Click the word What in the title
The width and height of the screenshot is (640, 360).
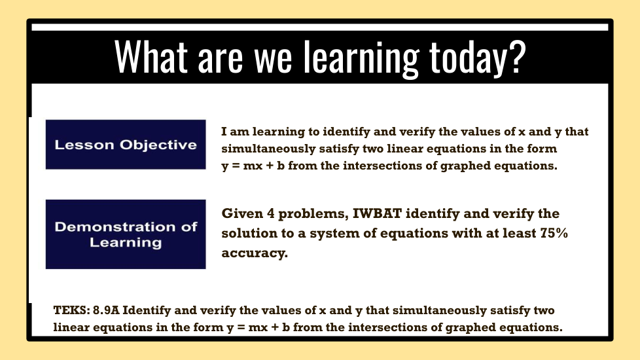click(x=151, y=56)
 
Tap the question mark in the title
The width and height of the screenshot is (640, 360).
click(x=518, y=56)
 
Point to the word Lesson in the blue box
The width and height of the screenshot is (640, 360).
click(x=84, y=145)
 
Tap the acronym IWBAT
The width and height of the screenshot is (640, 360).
click(x=377, y=213)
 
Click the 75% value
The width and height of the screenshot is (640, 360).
click(x=554, y=233)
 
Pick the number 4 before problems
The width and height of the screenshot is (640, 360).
click(x=271, y=213)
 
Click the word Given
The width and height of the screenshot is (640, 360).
click(x=242, y=213)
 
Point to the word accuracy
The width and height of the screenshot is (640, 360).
click(x=255, y=253)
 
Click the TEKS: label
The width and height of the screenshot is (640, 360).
click(x=71, y=310)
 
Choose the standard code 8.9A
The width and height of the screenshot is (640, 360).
click(x=106, y=310)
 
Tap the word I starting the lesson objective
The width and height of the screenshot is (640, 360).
click(x=224, y=132)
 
